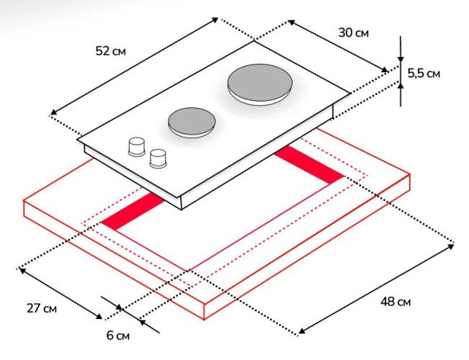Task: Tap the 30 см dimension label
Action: pos(353,34)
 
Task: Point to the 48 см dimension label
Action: pos(396,302)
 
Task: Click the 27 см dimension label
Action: pos(42,309)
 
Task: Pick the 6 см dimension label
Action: pos(118,336)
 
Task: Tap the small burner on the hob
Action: pos(191,120)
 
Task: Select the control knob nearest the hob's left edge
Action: pos(135,146)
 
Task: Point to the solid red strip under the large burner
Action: pos(310,166)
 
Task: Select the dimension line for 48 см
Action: pos(375,288)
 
